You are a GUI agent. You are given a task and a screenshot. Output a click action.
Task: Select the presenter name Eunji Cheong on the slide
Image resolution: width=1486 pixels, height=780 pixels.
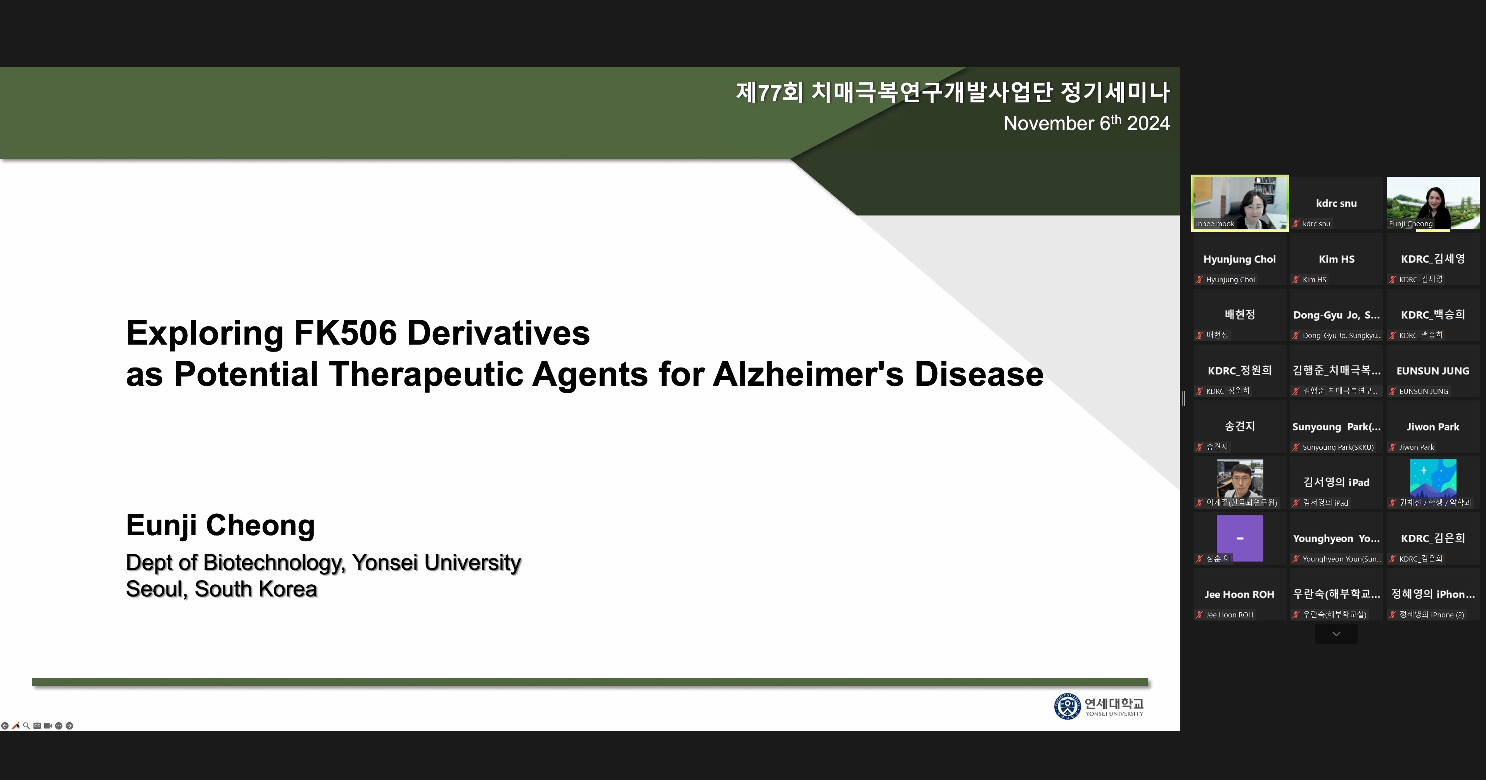point(220,525)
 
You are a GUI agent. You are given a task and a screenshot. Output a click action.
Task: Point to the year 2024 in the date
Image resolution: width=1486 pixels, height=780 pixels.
point(1148,123)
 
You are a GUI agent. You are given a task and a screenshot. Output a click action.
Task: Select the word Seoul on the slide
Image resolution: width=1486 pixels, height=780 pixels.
point(157,589)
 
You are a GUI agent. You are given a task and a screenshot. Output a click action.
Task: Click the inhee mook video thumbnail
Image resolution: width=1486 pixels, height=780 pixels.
point(1240,203)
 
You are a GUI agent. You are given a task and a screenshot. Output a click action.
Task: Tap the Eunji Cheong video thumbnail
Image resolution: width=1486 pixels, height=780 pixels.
point(1433,203)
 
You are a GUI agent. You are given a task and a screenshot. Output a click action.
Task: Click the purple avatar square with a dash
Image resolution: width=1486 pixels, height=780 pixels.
point(1240,538)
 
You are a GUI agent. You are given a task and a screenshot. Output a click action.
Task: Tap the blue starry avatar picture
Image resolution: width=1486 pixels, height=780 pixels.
point(1433,478)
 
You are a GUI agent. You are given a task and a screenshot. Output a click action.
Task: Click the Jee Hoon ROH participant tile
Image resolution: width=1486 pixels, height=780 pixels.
point(1240,594)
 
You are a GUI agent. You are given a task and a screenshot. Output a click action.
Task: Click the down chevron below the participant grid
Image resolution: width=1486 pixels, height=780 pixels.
point(1336,633)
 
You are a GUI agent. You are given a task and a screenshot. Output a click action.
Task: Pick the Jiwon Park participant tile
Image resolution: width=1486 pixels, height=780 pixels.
point(1433,427)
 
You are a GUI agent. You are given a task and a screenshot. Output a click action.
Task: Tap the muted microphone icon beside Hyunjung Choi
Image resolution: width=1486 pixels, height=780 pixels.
point(1199,280)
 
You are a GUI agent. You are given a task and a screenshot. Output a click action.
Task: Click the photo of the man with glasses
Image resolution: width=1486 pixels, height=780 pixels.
point(1240,478)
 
